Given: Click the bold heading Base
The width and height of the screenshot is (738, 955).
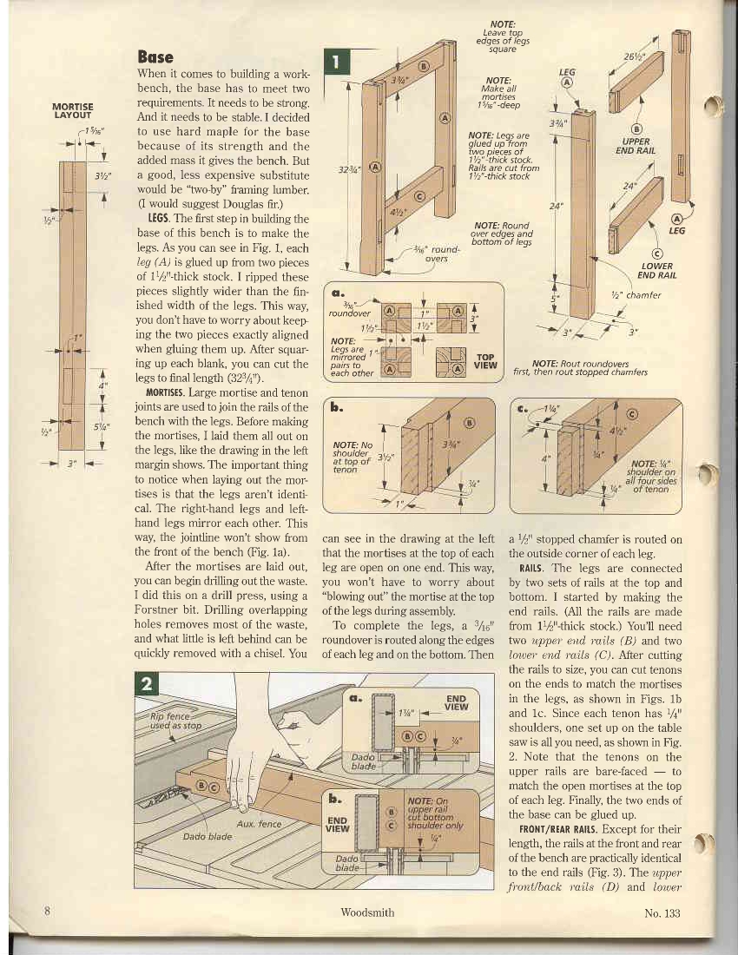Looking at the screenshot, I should point(155,57).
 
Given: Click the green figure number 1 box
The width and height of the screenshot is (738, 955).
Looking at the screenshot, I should point(335,63).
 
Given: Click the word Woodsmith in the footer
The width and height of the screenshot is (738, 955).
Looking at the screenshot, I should point(369,912).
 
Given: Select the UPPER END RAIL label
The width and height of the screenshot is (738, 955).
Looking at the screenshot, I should point(636,144).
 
